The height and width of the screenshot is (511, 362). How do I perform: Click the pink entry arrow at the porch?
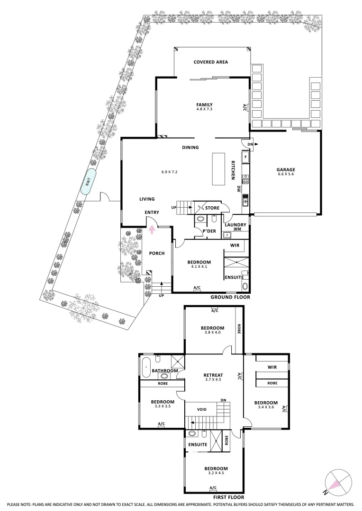pyautogui.click(x=152, y=230)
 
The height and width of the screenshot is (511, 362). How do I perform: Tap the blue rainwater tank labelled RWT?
pyautogui.click(x=89, y=182)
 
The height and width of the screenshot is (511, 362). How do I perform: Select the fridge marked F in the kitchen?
pyautogui.click(x=245, y=157)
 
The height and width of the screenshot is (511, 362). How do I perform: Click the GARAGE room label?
pyautogui.click(x=286, y=169)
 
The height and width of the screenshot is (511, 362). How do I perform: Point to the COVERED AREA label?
pyautogui.click(x=210, y=62)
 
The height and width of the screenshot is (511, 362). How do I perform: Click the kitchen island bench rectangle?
pyautogui.click(x=219, y=169)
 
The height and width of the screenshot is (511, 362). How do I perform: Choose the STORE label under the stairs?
pyautogui.click(x=212, y=208)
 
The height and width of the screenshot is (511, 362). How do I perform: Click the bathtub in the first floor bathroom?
pyautogui.click(x=145, y=367)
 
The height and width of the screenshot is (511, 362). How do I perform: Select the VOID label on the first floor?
pyautogui.click(x=202, y=409)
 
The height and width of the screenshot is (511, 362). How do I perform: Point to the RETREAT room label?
pyautogui.click(x=213, y=375)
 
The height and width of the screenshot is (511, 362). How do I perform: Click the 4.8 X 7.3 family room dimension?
pyautogui.click(x=204, y=109)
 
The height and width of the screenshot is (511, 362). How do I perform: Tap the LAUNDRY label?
pyautogui.click(x=235, y=225)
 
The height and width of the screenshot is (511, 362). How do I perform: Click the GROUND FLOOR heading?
pyautogui.click(x=230, y=297)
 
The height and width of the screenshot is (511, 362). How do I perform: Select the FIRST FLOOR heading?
pyautogui.click(x=228, y=497)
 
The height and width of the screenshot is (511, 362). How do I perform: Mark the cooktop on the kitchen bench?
pyautogui.click(x=245, y=179)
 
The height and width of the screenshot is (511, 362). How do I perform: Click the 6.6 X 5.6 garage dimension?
pyautogui.click(x=286, y=174)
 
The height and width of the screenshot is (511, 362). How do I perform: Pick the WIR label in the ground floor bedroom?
pyautogui.click(x=235, y=246)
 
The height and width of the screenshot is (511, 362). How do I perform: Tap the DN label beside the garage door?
pyautogui.click(x=250, y=144)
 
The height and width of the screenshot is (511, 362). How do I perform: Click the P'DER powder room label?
pyautogui.click(x=209, y=231)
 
